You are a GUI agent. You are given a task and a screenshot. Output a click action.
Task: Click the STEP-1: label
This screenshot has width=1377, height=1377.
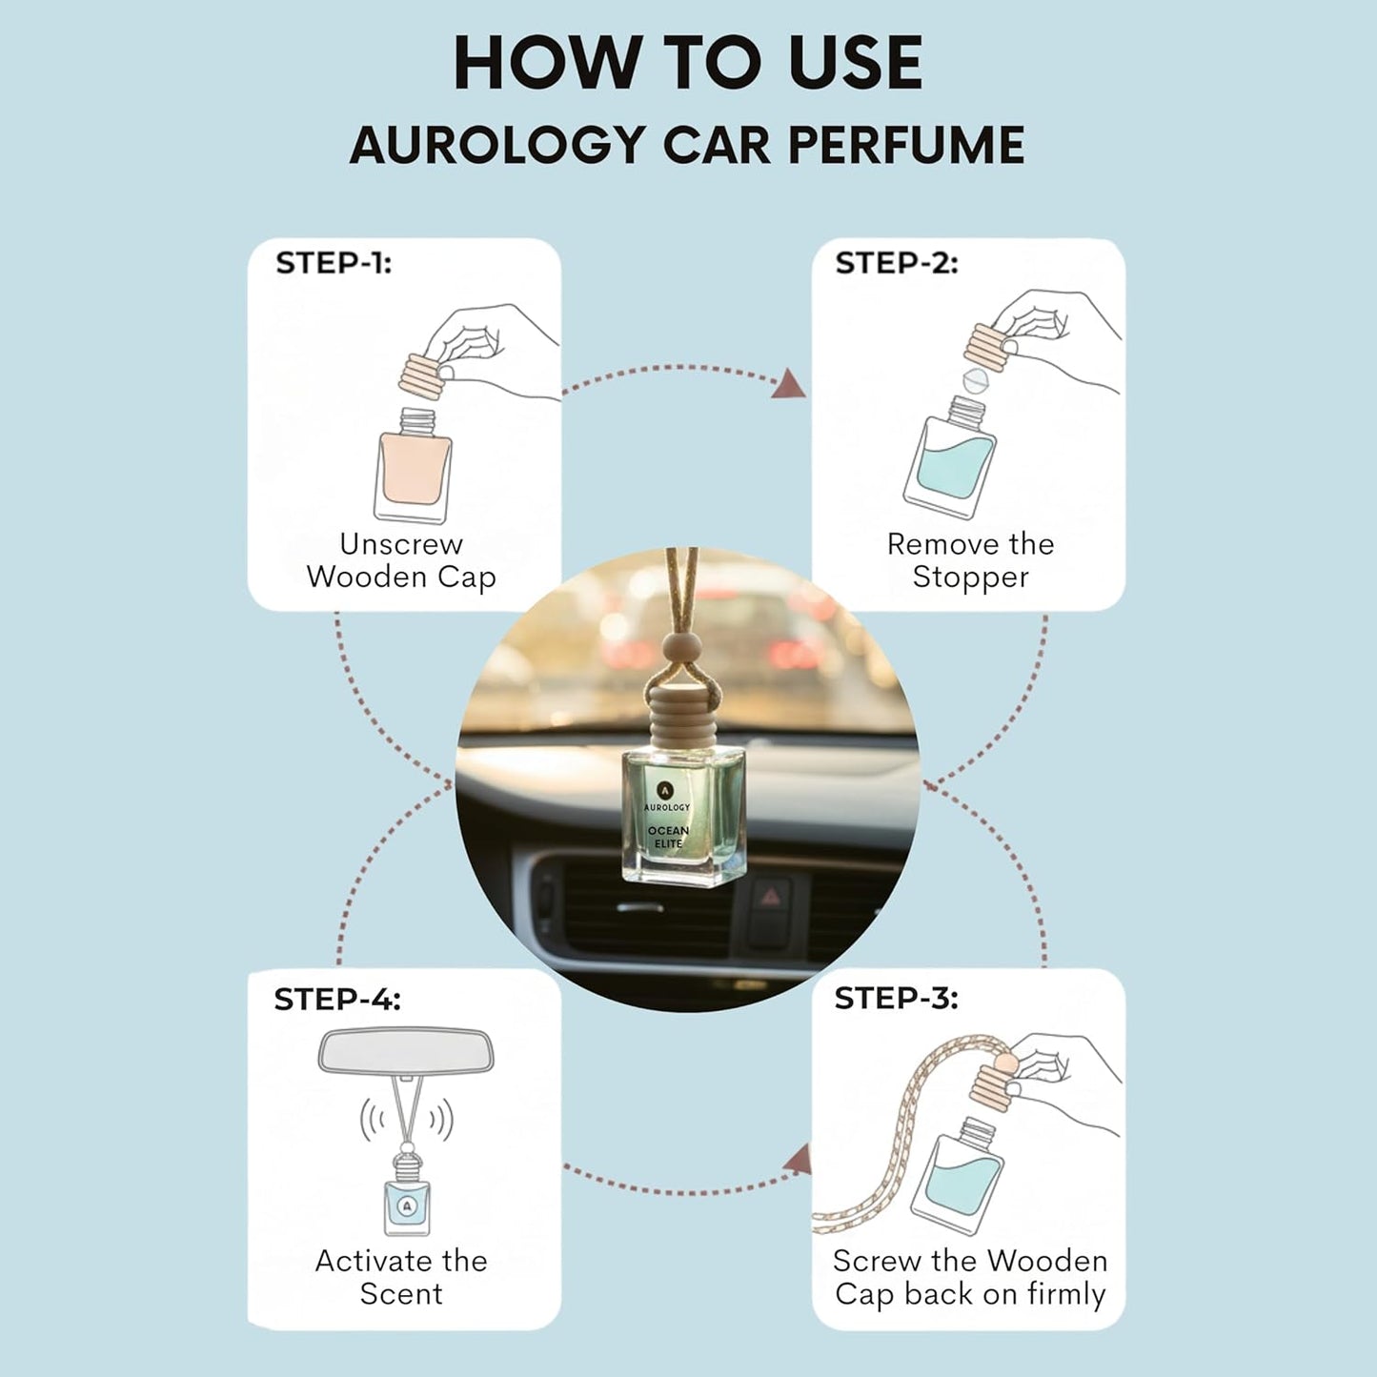coord(334,263)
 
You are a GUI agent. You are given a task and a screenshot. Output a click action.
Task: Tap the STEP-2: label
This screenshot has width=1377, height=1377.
coord(897,263)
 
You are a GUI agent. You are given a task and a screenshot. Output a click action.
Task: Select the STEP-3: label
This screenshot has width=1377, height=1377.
coord(896,999)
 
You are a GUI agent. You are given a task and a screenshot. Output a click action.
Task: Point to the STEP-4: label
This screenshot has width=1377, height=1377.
coord(337,1000)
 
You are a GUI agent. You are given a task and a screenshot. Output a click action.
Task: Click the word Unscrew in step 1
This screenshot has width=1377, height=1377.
coord(401,544)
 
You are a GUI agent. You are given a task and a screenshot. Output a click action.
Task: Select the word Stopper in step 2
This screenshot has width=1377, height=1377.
coord(970,578)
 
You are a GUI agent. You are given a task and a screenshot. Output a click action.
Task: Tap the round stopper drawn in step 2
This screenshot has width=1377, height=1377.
coord(976,380)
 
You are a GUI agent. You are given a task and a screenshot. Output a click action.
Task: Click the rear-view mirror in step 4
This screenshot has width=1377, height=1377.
coord(406,1050)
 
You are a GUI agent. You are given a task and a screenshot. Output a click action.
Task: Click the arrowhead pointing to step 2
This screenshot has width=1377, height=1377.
coord(790,384)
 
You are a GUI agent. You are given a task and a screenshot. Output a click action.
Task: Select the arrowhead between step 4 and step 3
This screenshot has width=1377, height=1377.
coord(799,1159)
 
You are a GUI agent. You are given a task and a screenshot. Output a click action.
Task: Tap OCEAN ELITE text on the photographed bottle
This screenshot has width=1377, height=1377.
coord(668,837)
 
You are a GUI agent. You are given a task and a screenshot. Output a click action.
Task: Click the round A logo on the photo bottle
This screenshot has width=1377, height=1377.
coord(665,790)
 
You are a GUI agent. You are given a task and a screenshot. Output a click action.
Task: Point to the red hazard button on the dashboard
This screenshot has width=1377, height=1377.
coord(770,896)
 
